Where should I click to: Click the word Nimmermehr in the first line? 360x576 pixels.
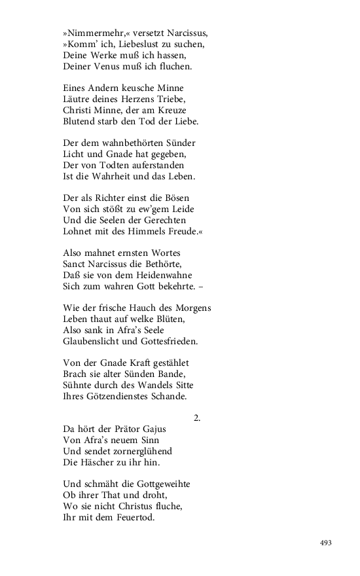coord(92,33)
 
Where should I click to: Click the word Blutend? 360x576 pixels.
coord(79,121)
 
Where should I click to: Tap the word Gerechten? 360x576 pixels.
coord(163,221)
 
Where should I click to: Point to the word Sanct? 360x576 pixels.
coord(76,264)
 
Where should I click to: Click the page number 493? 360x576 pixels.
coord(326,543)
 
